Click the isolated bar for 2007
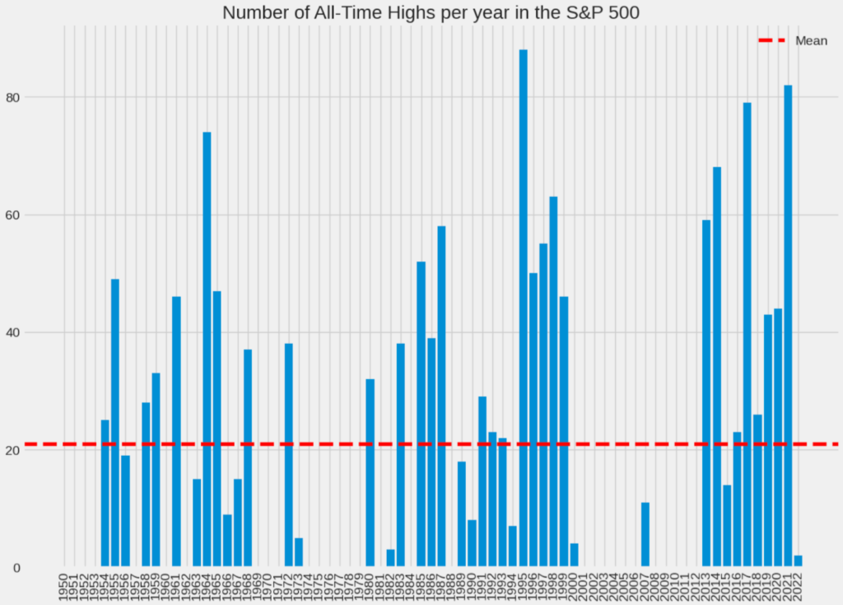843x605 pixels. click(x=645, y=535)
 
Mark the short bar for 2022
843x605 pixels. click(x=798, y=561)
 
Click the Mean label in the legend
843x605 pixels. click(x=811, y=41)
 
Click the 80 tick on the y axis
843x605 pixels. click(x=35, y=97)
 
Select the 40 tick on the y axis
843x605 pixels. click(x=35, y=333)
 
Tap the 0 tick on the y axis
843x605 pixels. click(x=39, y=568)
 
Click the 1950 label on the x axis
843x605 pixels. click(x=64, y=587)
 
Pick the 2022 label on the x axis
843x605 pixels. click(x=798, y=587)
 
